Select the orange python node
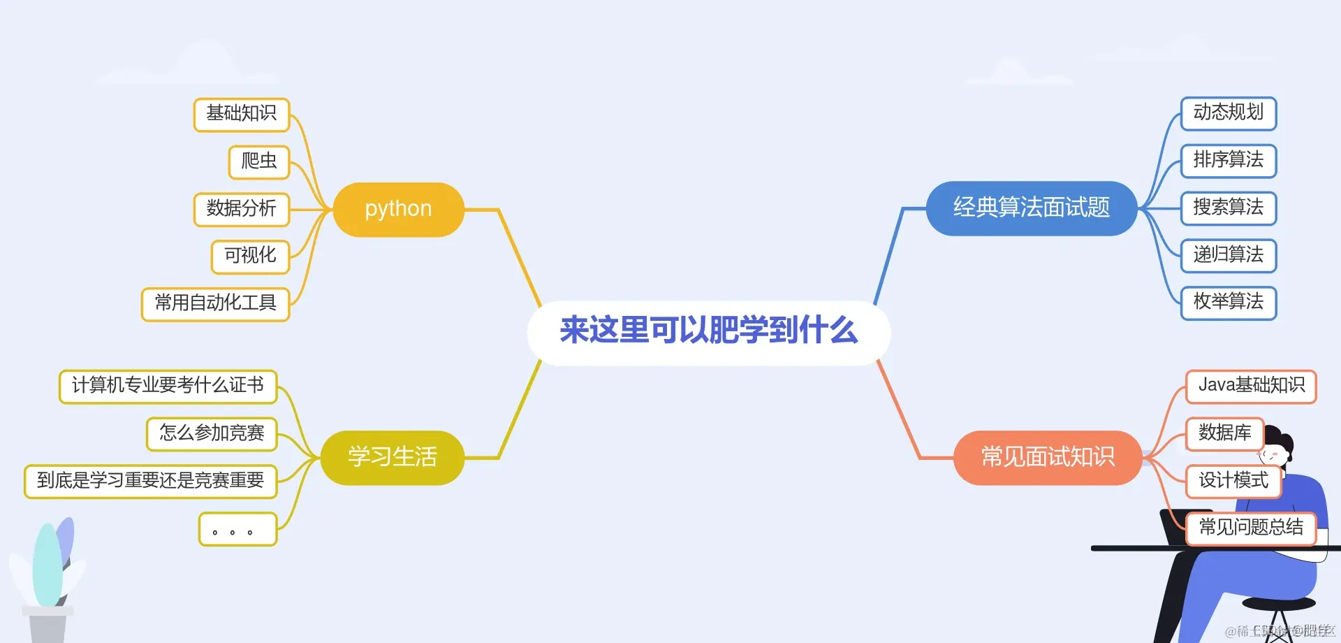[x=398, y=209]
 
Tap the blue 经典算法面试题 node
[x=1031, y=208]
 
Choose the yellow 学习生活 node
[x=392, y=457]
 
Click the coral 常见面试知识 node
[x=1047, y=457]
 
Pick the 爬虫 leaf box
[x=258, y=161]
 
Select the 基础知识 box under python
[x=241, y=114]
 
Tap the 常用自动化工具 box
[x=215, y=303]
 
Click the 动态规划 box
[x=1228, y=113]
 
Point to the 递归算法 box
[x=1228, y=255]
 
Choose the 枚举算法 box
[x=1228, y=302]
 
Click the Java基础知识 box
[x=1250, y=386]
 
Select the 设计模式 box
[x=1233, y=481]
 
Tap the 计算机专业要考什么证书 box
[x=168, y=386]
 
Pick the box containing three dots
[x=237, y=529]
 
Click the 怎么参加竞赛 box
[x=212, y=433]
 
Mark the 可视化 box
[x=250, y=256]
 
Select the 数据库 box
[x=1224, y=433]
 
